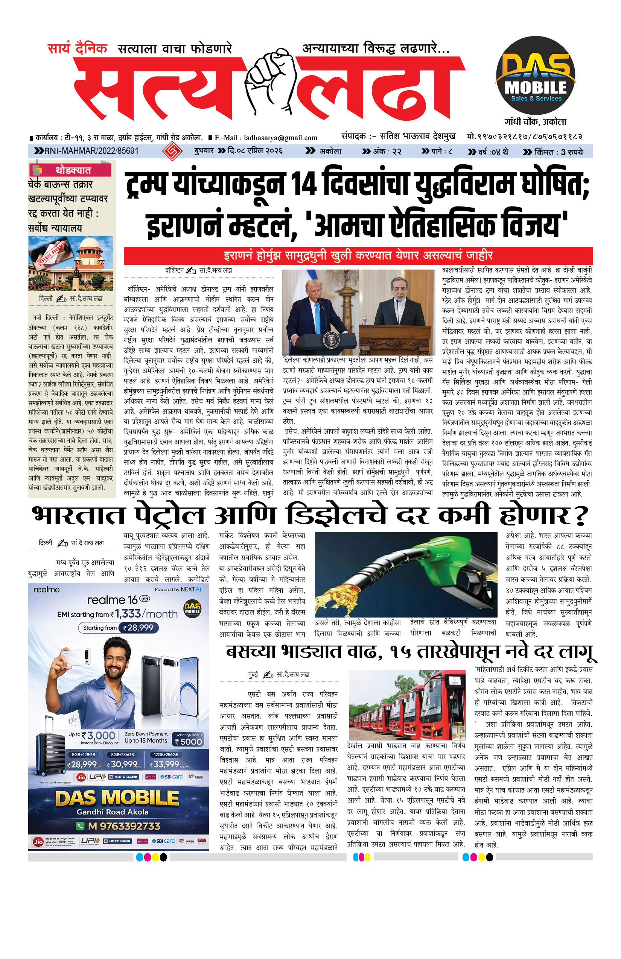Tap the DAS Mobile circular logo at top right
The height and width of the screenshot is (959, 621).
[x=535, y=76]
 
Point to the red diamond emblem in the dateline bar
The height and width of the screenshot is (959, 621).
[x=171, y=151]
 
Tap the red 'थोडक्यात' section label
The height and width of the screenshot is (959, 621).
[x=73, y=170]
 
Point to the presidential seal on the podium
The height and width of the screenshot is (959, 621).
[x=331, y=340]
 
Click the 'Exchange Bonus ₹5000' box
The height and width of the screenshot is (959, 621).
[x=188, y=739]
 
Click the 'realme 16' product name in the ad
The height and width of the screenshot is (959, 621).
[x=113, y=600]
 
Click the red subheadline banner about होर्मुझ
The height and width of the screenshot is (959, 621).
[x=358, y=255]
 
